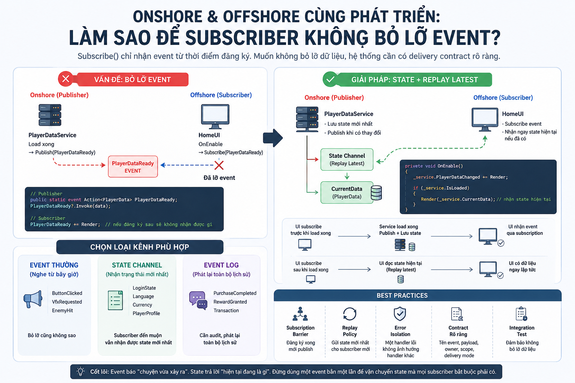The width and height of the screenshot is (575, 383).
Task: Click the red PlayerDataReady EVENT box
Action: (133, 166)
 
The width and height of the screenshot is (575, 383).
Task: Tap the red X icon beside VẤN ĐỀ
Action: (66, 79)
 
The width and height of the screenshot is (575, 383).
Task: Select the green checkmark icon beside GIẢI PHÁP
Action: (331, 79)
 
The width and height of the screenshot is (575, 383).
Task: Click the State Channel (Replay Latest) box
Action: (347, 159)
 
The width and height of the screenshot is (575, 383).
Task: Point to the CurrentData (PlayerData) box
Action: (347, 192)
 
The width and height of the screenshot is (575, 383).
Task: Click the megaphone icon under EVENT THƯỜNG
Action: (33, 299)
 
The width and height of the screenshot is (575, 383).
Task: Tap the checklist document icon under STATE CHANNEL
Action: (115, 300)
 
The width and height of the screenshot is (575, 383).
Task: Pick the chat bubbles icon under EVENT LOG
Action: (198, 300)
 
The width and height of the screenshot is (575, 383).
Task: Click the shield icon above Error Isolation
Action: (400, 313)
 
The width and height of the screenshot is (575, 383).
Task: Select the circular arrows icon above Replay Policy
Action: (350, 314)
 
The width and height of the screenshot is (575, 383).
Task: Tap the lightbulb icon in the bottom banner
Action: (80, 371)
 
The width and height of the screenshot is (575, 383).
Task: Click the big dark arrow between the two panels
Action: (273, 138)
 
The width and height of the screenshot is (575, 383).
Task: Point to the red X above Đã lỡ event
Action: (219, 165)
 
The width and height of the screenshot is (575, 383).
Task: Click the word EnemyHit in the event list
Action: (63, 310)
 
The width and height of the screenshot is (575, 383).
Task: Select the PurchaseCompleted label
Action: (235, 293)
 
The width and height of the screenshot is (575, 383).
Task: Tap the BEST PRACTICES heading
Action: (402, 295)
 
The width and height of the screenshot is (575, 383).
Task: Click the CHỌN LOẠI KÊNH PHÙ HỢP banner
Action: (140, 247)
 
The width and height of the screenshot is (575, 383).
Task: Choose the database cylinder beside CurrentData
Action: (376, 193)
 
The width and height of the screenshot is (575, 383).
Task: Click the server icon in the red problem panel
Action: (50, 115)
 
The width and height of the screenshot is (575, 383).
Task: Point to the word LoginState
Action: (144, 288)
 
